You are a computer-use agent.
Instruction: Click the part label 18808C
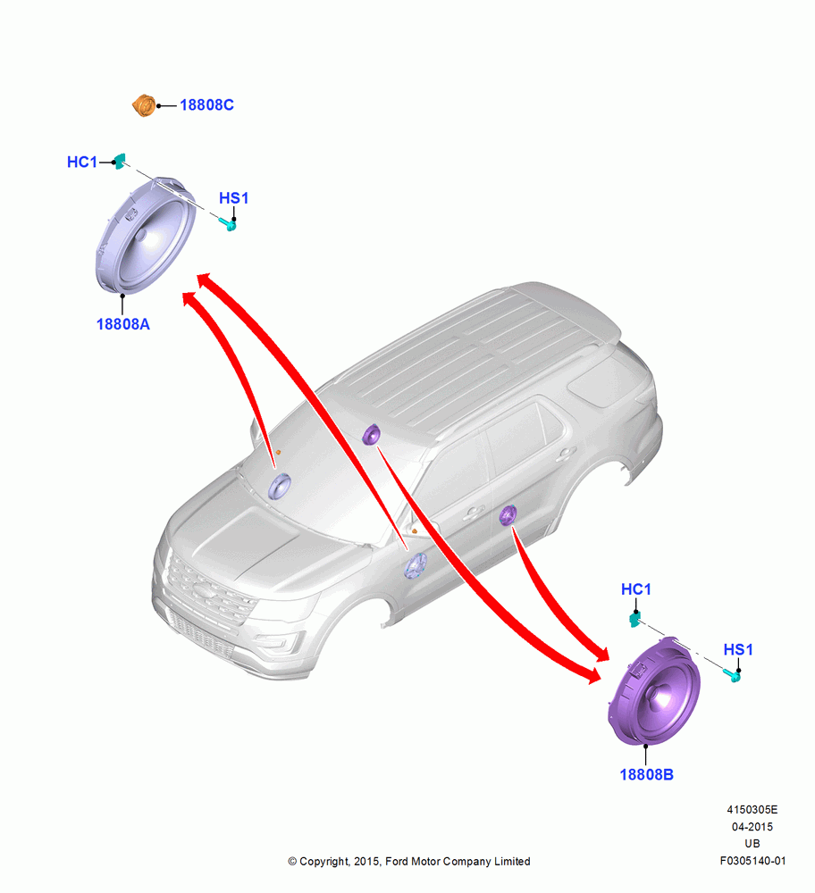[x=206, y=105]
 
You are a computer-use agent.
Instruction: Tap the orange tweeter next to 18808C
[x=144, y=106]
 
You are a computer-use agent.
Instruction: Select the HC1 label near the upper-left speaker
[x=82, y=163]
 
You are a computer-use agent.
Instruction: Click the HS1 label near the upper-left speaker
[x=233, y=198]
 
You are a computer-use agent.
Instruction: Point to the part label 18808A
[x=123, y=324]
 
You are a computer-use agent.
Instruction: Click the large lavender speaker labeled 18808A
[x=146, y=236]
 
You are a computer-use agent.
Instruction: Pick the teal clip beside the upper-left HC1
[x=119, y=161]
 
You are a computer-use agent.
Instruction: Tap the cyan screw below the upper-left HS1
[x=228, y=224]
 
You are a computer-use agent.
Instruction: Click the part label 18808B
[x=646, y=774]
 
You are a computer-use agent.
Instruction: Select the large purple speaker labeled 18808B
[x=654, y=691]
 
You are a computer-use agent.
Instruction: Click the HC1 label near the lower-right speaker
[x=636, y=589]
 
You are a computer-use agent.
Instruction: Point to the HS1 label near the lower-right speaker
[x=738, y=650]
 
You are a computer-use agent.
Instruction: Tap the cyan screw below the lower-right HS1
[x=733, y=675]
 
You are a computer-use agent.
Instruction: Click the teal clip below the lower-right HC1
[x=634, y=619]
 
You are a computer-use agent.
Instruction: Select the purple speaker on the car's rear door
[x=508, y=515]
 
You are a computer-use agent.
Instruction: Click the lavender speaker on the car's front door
[x=416, y=565]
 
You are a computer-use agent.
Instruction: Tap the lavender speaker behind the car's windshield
[x=280, y=487]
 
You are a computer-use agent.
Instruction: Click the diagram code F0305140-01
[x=752, y=861]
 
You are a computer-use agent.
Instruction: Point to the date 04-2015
[x=752, y=827]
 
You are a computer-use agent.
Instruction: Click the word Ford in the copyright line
[x=398, y=862]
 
